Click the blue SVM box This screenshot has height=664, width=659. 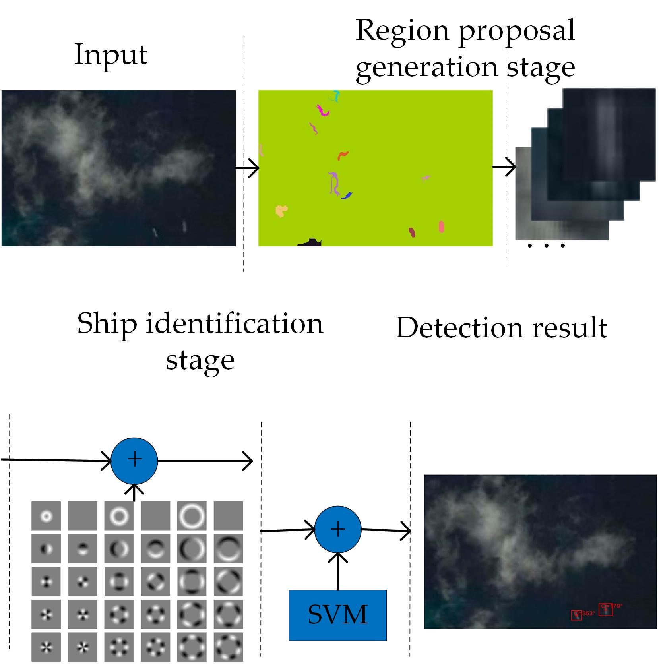337,615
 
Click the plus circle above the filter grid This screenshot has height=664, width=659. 134,460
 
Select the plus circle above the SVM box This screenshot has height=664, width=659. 337,530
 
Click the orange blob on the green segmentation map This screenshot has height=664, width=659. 281,211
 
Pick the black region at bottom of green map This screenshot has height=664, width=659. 309,242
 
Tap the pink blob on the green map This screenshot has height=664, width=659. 441,226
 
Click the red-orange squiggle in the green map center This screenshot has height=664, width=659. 343,155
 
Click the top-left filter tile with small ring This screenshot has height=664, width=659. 46,516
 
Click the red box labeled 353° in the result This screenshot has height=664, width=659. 576,615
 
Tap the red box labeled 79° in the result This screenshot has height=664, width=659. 605,609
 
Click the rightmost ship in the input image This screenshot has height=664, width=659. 184,226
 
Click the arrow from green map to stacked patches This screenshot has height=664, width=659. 504,167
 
